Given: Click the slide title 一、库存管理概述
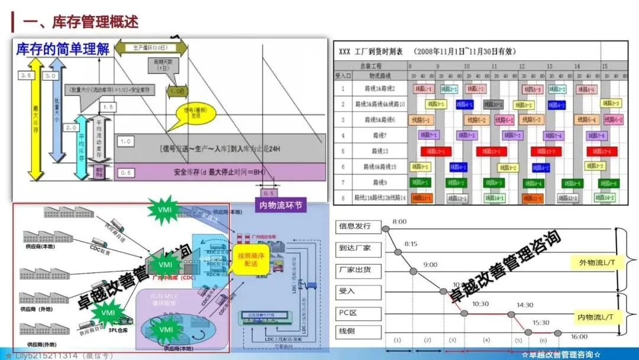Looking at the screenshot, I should point(80,22).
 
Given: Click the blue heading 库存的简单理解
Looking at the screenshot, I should point(63,49).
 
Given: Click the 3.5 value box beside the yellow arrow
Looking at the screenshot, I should point(25,76).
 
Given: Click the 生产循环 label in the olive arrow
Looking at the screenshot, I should point(150,47).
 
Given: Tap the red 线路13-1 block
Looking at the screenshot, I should point(435,151).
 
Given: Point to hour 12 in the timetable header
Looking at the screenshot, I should point(522,66).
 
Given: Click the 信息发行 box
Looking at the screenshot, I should point(354,226).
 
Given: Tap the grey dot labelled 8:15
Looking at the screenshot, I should point(398,252).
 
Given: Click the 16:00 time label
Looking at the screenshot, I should point(579,337).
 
